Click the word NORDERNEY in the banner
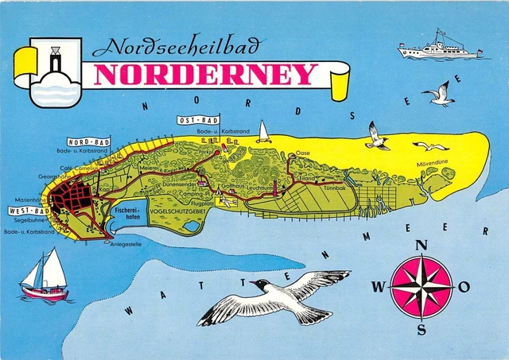point(205,74)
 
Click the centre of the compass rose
point(421,286)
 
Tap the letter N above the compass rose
point(422,246)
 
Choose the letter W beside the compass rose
point(379,287)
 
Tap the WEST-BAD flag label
point(27,211)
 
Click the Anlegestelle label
point(126,244)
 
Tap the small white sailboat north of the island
point(263,132)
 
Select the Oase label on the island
point(302,152)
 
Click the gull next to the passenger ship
point(440,94)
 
